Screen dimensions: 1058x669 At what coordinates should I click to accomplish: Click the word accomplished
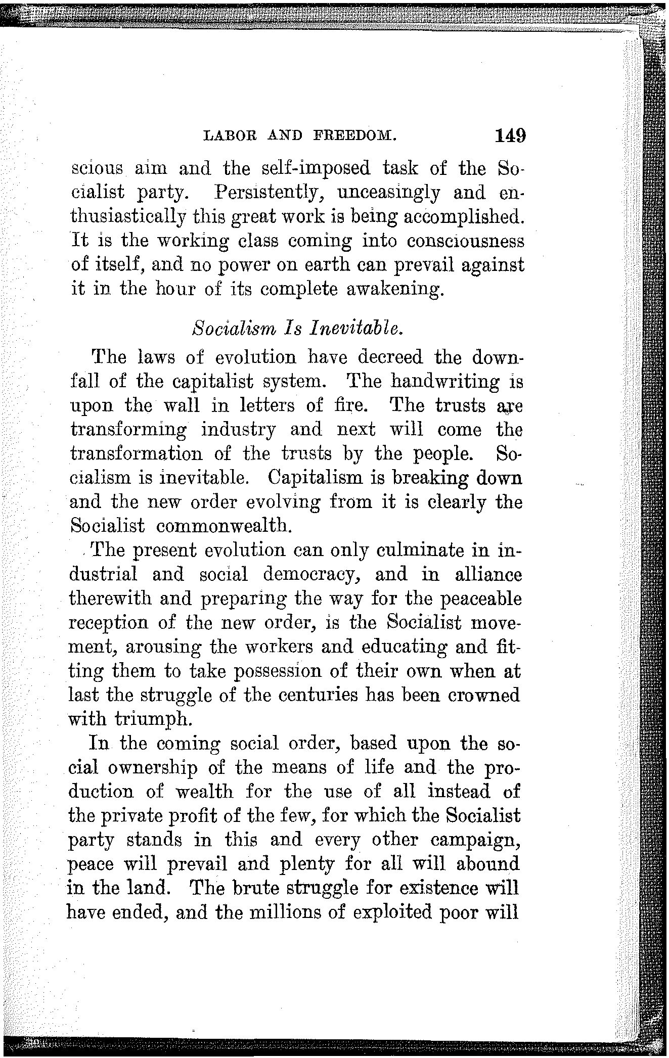458,217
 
